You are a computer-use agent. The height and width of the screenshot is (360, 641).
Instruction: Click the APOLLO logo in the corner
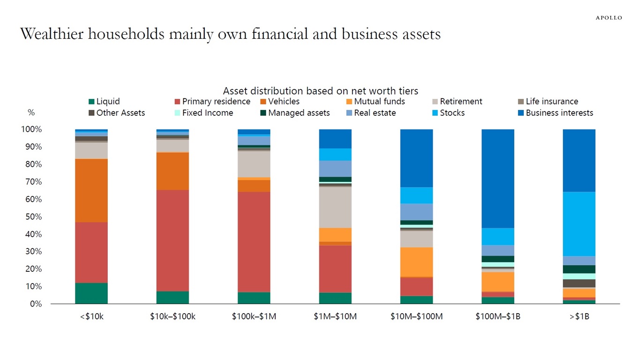(x=609, y=18)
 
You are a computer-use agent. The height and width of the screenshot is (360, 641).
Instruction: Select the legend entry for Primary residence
(x=216, y=101)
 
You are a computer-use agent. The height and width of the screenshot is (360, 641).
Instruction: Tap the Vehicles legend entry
(x=283, y=101)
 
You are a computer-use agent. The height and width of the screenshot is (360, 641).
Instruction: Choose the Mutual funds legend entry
(x=379, y=101)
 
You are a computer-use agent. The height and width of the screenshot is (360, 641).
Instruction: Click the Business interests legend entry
(x=559, y=113)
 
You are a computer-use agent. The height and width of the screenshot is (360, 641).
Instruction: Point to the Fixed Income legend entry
(x=207, y=113)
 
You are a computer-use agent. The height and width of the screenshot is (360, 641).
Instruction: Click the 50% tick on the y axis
(x=33, y=217)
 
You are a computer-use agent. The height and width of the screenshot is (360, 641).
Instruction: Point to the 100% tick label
(x=31, y=129)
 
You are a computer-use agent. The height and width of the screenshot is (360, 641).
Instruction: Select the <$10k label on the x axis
(x=91, y=316)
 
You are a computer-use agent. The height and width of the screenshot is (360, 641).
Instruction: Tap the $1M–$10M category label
(x=335, y=316)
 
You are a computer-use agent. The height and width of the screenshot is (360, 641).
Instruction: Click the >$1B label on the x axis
(x=579, y=316)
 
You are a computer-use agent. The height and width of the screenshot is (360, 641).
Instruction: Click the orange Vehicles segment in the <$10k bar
(x=91, y=190)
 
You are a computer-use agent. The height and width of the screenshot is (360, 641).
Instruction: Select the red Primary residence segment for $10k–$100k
(x=172, y=240)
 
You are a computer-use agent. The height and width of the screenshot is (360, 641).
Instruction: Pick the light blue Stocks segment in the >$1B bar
(x=579, y=224)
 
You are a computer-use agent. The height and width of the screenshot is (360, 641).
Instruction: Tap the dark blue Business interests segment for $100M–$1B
(x=498, y=178)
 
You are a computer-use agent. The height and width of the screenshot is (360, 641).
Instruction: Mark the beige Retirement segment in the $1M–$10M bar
(x=335, y=207)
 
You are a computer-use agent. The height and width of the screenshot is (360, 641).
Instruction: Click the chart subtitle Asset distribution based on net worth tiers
(x=320, y=90)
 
